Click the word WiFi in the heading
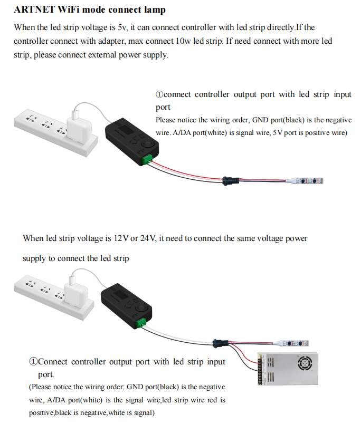(65, 10)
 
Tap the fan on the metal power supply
(306, 363)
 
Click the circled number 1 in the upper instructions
(159, 94)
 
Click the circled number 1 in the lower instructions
(33, 362)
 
